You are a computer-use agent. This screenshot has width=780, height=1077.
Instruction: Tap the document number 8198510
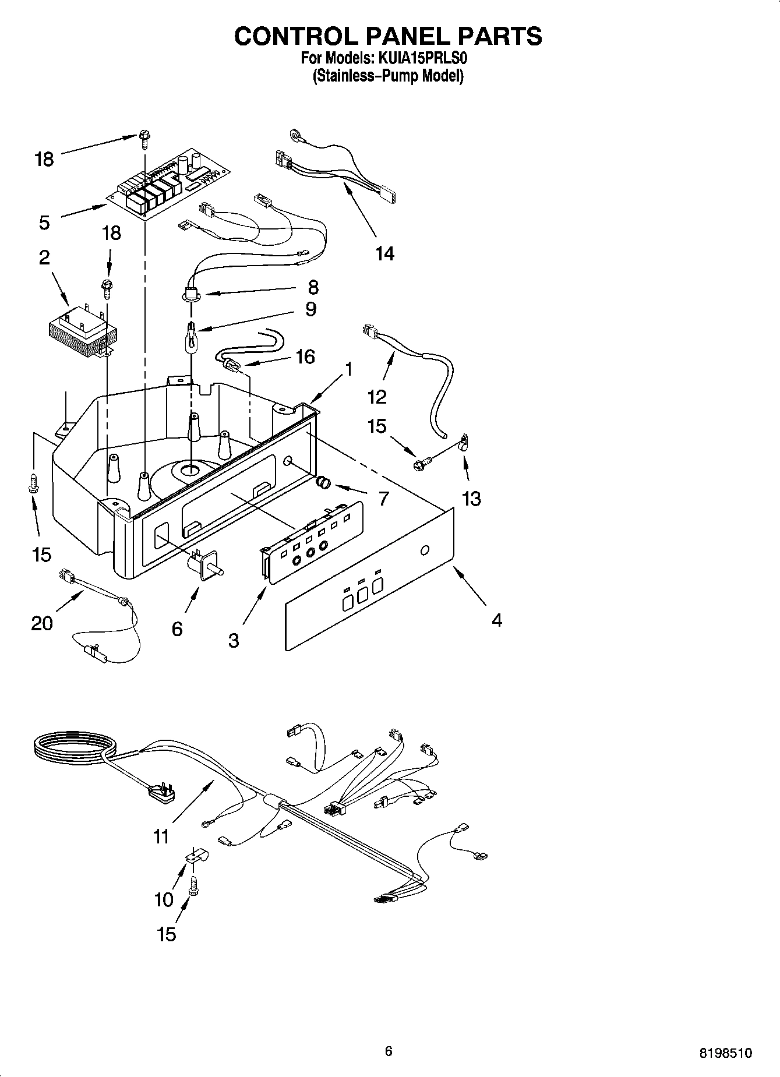[x=725, y=1053]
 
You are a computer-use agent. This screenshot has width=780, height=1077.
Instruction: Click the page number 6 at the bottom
[x=389, y=1050]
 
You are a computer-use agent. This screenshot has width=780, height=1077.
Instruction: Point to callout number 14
[x=384, y=253]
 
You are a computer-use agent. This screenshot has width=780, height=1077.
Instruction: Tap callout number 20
[x=42, y=623]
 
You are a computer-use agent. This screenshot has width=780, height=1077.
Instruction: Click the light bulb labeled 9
[x=190, y=338]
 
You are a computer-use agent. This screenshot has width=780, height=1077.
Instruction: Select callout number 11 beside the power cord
[x=161, y=836]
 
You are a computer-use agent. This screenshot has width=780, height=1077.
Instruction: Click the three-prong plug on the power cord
[x=161, y=794]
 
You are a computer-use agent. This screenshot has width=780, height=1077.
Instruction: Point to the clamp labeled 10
[x=196, y=856]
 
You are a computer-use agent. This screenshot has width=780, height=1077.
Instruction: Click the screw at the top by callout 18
[x=143, y=137]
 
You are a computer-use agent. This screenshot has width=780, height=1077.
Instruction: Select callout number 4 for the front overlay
[x=496, y=620]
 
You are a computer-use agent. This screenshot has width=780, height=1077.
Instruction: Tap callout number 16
[x=305, y=356]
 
